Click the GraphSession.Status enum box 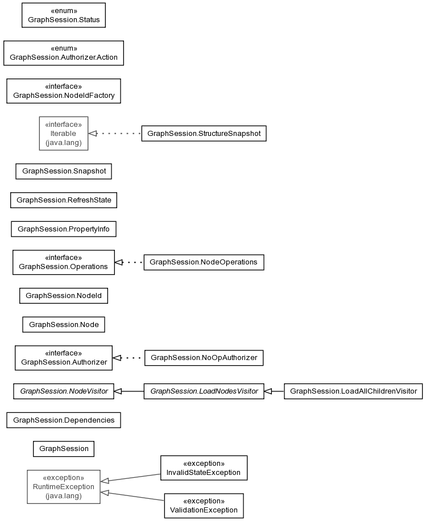pyautogui.click(x=64, y=15)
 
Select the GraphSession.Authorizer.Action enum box pyautogui.click(x=64, y=53)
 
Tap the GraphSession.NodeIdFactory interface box pyautogui.click(x=64, y=91)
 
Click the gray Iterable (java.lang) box pyautogui.click(x=64, y=134)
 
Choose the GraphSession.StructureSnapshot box pyautogui.click(x=204, y=134)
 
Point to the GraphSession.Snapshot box pyautogui.click(x=64, y=171)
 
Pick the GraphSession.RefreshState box pyautogui.click(x=64, y=200)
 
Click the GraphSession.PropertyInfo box pyautogui.click(x=64, y=229)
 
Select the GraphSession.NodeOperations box pyautogui.click(x=204, y=262)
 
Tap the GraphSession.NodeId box pyautogui.click(x=64, y=296)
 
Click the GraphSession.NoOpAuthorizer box pyautogui.click(x=204, y=358)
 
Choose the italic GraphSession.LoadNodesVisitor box pyautogui.click(x=204, y=391)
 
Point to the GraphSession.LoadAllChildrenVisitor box pyautogui.click(x=353, y=391)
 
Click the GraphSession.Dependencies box pyautogui.click(x=64, y=420)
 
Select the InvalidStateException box pyautogui.click(x=204, y=468)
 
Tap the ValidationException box pyautogui.click(x=204, y=506)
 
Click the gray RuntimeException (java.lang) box pyautogui.click(x=64, y=487)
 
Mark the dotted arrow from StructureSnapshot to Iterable pyautogui.click(x=115, y=134)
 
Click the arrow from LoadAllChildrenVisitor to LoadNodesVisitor pyautogui.click(x=274, y=391)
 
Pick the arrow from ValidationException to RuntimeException pyautogui.click(x=133, y=496)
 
